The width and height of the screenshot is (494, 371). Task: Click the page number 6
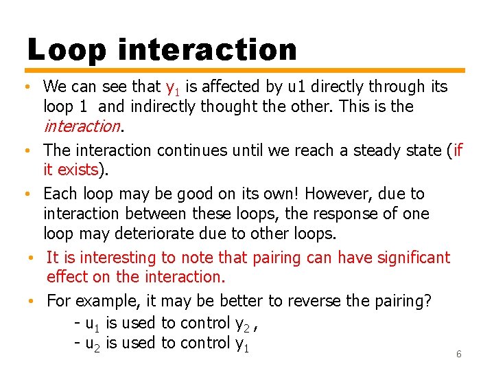tap(459, 355)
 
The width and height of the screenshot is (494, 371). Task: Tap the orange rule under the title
tap(246, 70)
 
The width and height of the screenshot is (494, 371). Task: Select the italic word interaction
tap(82, 126)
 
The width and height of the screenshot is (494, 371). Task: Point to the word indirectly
tap(163, 107)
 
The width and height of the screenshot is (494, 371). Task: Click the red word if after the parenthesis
tap(458, 150)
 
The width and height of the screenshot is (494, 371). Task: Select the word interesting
tap(114, 258)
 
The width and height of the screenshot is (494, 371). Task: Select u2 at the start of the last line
tap(91, 344)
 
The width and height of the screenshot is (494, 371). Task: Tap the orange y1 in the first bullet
tap(172, 87)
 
